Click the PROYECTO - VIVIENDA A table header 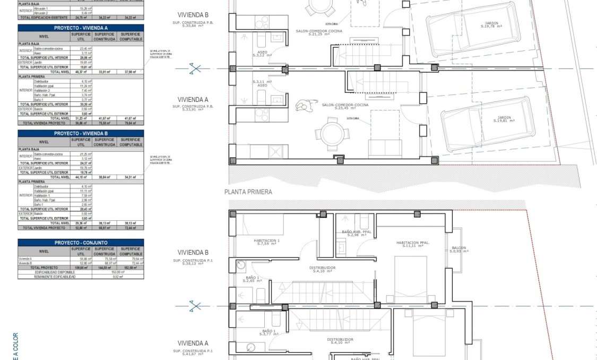(x=81, y=28)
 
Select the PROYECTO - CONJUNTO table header (x=81, y=242)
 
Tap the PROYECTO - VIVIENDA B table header (x=81, y=134)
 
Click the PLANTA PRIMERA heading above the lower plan (x=248, y=192)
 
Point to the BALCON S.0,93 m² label (x=460, y=250)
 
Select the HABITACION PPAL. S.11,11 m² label (x=413, y=244)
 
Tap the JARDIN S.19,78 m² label (x=490, y=25)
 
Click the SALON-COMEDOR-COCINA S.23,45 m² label (x=345, y=107)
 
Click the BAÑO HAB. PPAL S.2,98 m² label (x=355, y=234)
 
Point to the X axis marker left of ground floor (x=196, y=68)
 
